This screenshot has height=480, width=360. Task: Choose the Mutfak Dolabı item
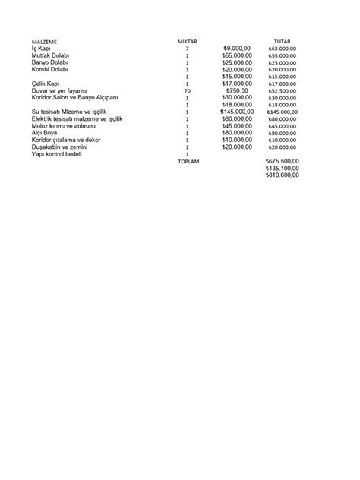tap(51, 56)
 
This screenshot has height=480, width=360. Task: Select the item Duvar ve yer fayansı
tap(60, 91)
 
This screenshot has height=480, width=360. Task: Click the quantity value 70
tap(187, 91)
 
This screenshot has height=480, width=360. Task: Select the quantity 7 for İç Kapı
tap(187, 49)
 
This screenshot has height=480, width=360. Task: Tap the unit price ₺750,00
tap(238, 91)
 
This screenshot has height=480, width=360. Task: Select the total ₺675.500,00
tap(283, 161)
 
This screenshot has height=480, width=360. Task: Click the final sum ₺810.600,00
tap(283, 175)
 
